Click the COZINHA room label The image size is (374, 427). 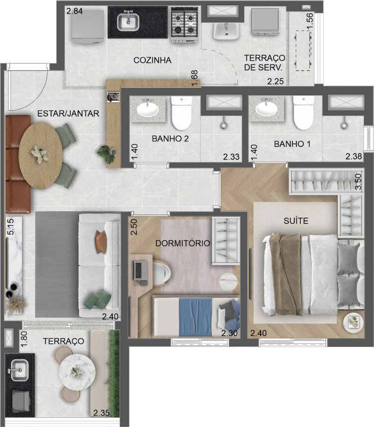[x=152, y=60]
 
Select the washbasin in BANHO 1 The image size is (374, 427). [x=267, y=110]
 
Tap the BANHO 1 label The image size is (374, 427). [x=292, y=144]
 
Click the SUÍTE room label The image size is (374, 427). [x=296, y=221]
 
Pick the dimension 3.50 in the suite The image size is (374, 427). [x=359, y=181]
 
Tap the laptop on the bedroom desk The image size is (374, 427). [x=138, y=271]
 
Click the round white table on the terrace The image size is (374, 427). [x=77, y=372]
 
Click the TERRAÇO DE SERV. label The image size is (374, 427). [x=264, y=62]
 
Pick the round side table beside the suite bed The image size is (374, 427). [x=353, y=321]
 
